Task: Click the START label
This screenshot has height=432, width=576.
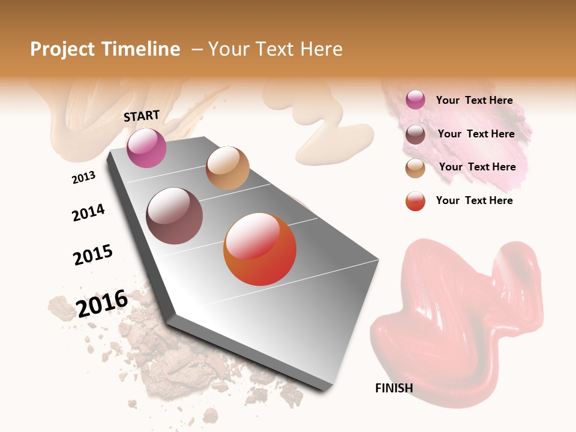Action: [142, 116]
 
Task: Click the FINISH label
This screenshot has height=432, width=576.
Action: [394, 388]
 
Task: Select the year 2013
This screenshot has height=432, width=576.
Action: [83, 178]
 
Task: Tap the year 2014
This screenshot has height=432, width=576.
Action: [88, 212]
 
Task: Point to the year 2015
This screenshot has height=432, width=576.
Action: [92, 255]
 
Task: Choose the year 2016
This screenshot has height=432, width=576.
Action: [102, 304]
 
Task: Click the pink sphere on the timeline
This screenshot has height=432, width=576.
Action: [146, 148]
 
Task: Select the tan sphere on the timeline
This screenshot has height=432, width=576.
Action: [227, 168]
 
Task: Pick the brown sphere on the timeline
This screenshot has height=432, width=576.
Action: [174, 216]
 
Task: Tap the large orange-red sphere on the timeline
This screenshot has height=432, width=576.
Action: [260, 249]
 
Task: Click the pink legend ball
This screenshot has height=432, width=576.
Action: [415, 100]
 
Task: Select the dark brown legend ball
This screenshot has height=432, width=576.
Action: [415, 134]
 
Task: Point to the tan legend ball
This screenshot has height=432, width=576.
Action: [415, 168]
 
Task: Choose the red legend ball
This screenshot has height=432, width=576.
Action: [415, 201]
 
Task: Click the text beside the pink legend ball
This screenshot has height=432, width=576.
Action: [474, 100]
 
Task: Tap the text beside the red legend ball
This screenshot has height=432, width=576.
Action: [474, 200]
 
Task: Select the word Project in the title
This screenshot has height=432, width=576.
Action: [62, 49]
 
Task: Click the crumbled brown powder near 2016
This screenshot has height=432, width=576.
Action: [180, 360]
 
